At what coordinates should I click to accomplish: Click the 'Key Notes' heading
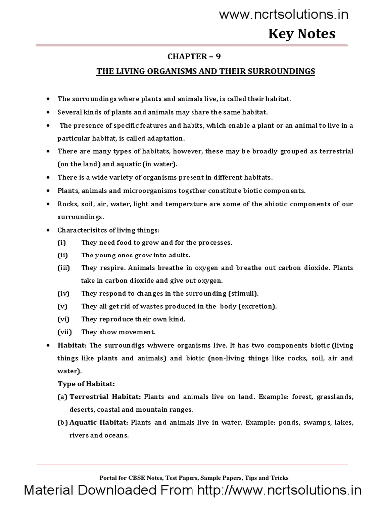pos(302,34)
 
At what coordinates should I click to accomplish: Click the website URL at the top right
pos(284,15)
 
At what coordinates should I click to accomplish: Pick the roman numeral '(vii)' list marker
pos(64,332)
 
